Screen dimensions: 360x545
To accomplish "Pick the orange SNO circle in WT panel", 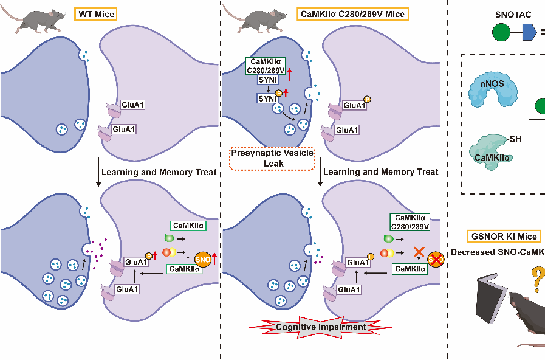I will click(x=203, y=259).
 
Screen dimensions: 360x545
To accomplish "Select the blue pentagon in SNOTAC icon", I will click(x=529, y=31).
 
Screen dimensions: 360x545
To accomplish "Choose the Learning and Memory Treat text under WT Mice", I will click(x=159, y=172).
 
